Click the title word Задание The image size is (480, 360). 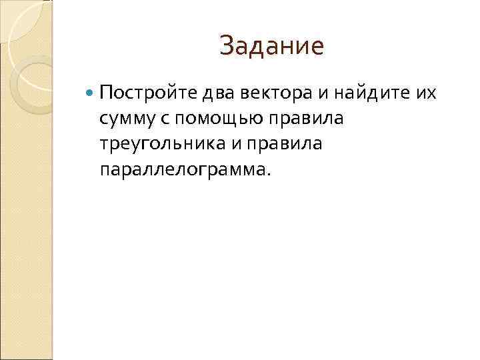point(271,46)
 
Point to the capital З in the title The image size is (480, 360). point(227,46)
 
